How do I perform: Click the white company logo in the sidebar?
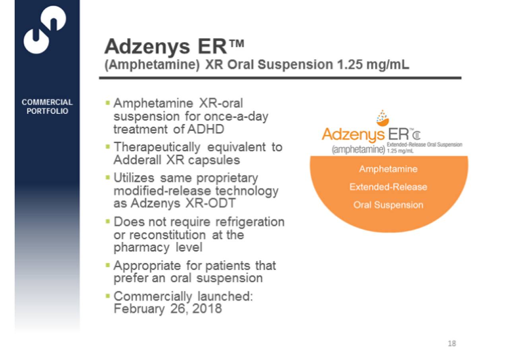point(45,29)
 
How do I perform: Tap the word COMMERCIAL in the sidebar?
point(47,102)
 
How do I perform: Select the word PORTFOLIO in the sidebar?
point(47,111)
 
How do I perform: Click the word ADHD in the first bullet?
point(206,129)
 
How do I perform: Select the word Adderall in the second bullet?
point(137,160)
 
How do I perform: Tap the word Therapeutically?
point(157,148)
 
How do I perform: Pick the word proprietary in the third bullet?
point(227,179)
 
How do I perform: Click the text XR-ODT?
point(210,203)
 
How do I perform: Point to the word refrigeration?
point(250,222)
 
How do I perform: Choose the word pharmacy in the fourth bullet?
point(141,248)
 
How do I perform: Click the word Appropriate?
point(147,266)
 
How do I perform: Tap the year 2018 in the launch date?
point(207,308)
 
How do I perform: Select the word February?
point(139,309)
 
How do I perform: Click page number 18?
point(452,343)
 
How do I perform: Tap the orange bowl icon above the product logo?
point(383,119)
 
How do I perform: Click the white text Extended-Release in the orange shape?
point(388,187)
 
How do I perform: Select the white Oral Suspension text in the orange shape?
point(388,205)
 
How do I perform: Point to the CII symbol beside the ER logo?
point(416,136)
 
